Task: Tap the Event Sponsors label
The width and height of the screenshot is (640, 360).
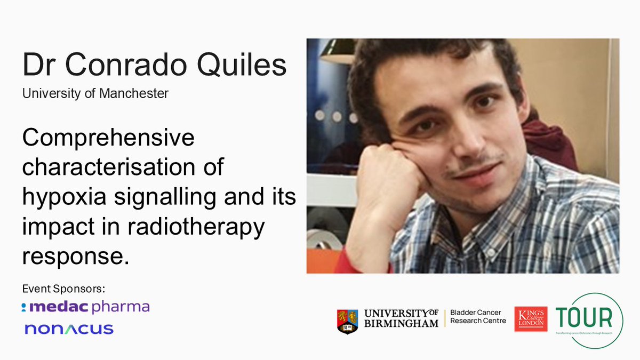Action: tap(63, 289)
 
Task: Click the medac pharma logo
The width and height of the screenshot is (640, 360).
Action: tap(86, 307)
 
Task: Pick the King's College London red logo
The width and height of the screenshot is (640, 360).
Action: tap(531, 319)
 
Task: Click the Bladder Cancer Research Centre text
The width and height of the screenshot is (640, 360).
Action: tap(478, 316)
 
